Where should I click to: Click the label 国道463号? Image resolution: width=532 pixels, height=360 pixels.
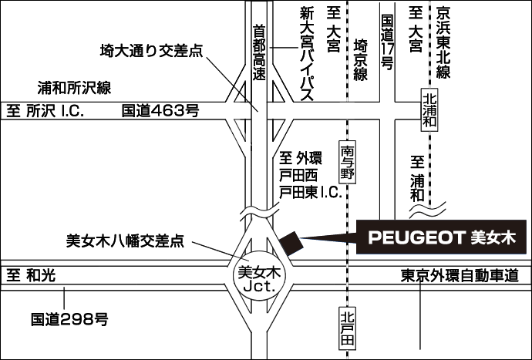coord(160,111)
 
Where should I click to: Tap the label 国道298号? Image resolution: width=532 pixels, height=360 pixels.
coord(69,318)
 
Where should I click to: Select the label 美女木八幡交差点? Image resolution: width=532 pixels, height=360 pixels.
coord(126,241)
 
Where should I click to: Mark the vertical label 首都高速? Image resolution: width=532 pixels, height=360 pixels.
coord(259,52)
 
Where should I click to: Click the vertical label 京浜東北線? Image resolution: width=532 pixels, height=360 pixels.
coord(443,42)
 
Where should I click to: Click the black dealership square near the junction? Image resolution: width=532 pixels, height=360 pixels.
coord(292,242)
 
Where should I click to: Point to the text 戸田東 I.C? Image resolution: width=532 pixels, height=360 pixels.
coord(309,192)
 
